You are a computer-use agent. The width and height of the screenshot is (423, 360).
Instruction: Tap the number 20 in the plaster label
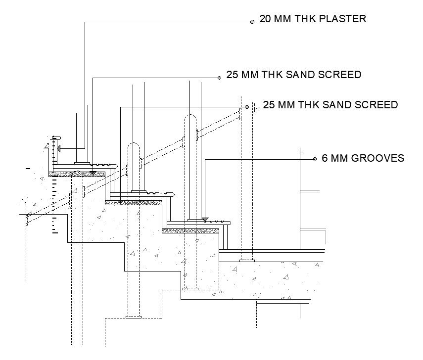click(265, 19)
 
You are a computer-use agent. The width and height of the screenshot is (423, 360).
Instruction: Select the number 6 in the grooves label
click(325, 159)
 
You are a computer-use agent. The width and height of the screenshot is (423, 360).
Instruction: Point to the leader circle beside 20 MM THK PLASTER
click(252, 22)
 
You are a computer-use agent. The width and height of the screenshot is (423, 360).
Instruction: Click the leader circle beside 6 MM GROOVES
click(315, 159)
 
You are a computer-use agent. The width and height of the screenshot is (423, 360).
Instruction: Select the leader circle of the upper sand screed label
click(219, 77)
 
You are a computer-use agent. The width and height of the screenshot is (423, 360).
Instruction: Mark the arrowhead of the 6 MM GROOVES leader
click(204, 220)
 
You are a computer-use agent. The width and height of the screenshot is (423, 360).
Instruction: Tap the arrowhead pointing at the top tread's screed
click(93, 173)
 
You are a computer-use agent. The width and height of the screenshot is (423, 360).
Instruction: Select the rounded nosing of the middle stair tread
click(172, 195)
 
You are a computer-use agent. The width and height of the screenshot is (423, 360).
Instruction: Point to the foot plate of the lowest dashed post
click(134, 317)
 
